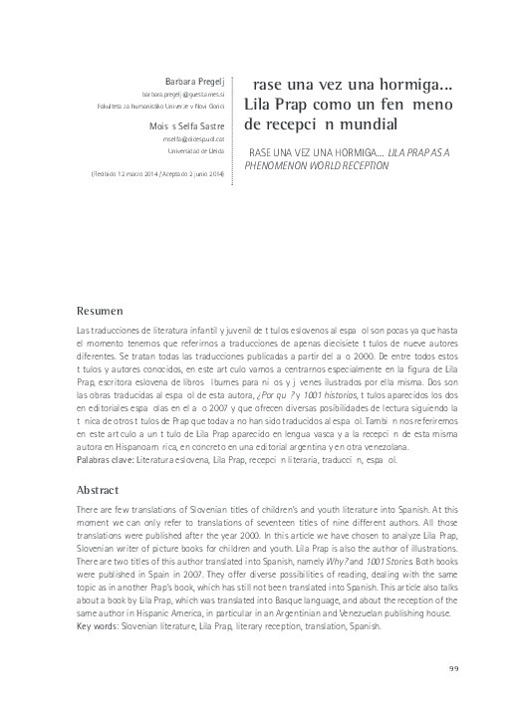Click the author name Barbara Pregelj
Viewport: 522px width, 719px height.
196,77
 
